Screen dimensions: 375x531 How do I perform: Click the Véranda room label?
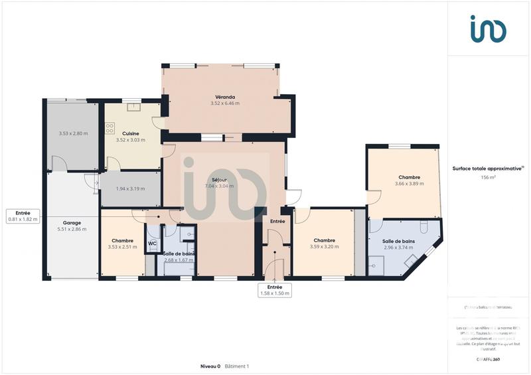click(x=223, y=96)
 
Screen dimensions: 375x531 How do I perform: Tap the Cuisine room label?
click(x=130, y=133)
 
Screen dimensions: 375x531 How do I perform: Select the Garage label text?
click(x=72, y=222)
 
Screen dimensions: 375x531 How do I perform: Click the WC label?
click(x=152, y=244)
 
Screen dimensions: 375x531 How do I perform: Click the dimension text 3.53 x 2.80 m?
click(x=73, y=133)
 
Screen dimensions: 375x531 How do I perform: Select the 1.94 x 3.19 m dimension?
click(x=130, y=189)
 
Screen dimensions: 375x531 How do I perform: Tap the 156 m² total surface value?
click(x=489, y=178)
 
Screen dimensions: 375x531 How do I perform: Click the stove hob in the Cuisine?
click(x=110, y=128)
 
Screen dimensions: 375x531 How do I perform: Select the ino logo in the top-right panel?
click(x=488, y=29)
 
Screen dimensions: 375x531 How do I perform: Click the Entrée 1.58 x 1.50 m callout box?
click(x=274, y=289)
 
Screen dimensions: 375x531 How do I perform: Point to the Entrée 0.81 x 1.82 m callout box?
click(x=23, y=216)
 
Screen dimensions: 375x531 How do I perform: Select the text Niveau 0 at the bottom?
click(x=211, y=366)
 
